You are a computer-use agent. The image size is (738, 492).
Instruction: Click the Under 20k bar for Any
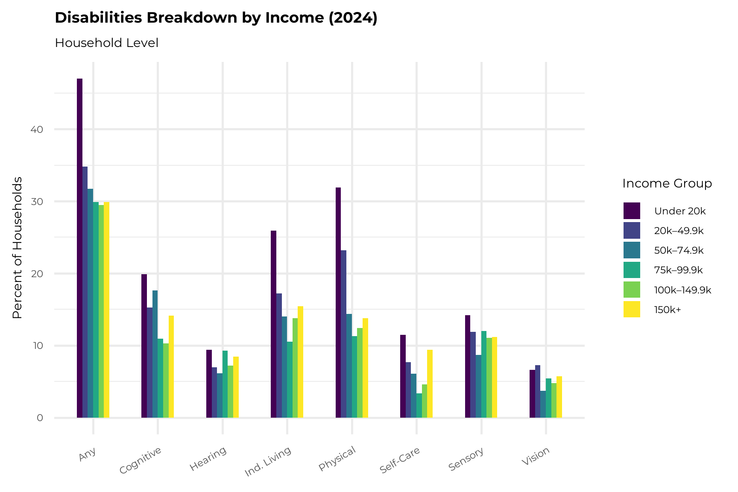79,248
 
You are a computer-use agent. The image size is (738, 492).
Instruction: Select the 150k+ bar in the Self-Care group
430,384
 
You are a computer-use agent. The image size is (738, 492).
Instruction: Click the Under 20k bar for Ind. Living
273,324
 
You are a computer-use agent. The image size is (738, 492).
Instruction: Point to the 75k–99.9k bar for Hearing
225,384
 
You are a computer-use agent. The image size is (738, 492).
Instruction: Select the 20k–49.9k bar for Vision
538,391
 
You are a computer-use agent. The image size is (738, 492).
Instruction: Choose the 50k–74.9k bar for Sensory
478,386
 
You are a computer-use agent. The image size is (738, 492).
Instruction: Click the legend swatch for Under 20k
632,211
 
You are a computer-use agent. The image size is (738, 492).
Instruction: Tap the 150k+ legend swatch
632,310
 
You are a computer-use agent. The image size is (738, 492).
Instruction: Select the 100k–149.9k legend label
682,290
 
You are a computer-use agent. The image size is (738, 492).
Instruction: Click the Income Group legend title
667,184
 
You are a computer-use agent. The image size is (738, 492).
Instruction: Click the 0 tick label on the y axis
40,418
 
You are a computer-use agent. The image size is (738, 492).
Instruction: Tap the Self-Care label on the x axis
400,460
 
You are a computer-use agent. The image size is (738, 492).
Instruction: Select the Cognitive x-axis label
141,460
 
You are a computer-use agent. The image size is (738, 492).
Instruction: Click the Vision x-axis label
536,457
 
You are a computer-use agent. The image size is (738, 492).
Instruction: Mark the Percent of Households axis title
17,248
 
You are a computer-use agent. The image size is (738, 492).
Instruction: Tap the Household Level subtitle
107,43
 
